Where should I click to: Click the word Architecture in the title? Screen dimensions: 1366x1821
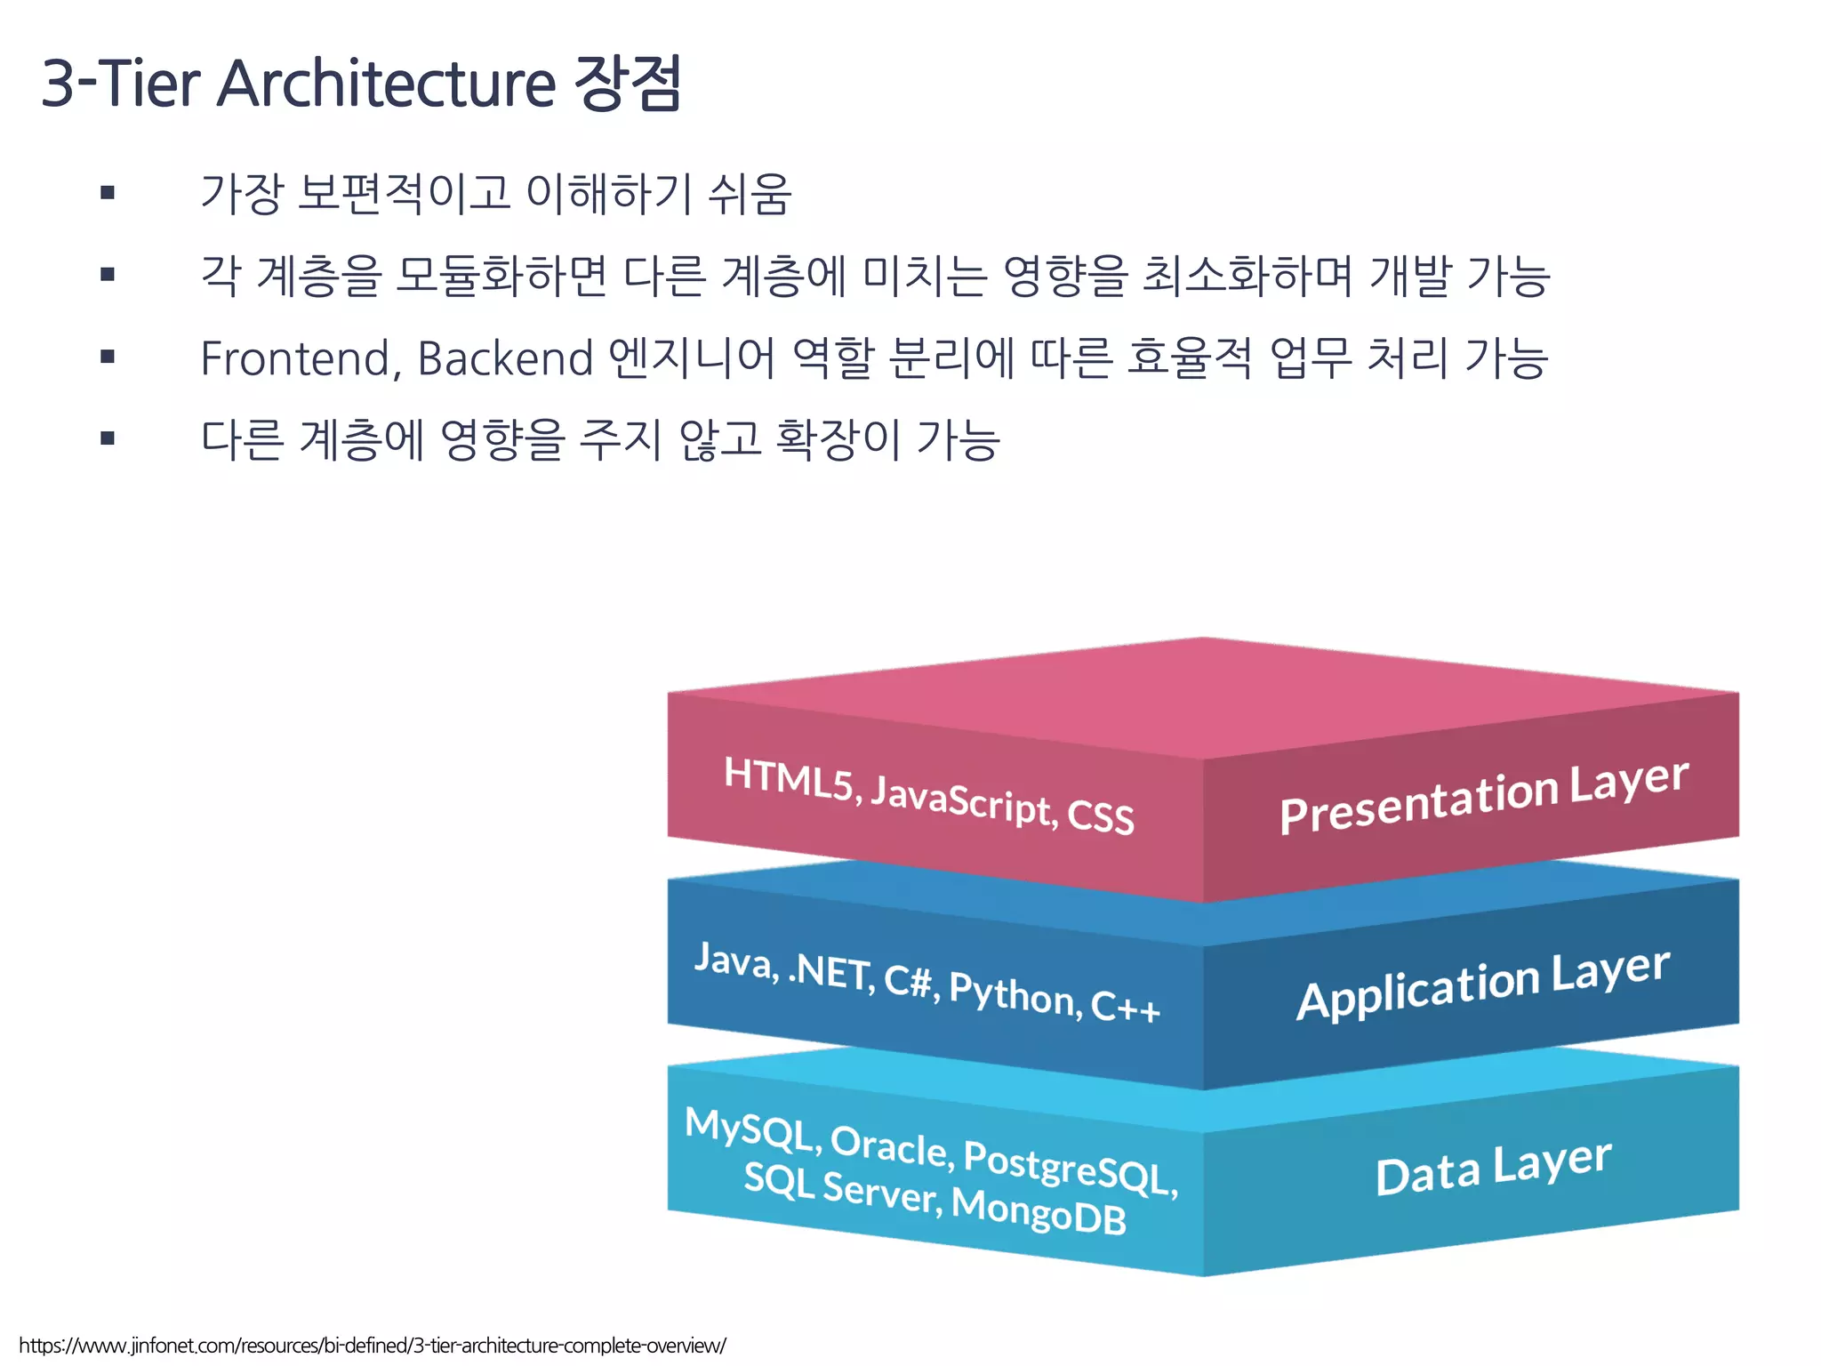pos(386,84)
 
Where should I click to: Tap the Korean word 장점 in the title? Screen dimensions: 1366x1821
pos(628,84)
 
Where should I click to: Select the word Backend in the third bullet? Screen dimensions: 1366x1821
pos(505,358)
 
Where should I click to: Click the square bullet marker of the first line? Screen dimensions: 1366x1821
pos(108,192)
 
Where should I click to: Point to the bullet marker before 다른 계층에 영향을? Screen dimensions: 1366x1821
pos(108,438)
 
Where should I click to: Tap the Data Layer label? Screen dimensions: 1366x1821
pos(1494,1168)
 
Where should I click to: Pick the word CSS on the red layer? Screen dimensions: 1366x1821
pos(1101,816)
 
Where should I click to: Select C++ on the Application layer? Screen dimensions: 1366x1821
pos(1125,1007)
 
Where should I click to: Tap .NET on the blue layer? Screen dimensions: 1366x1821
pos(830,971)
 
